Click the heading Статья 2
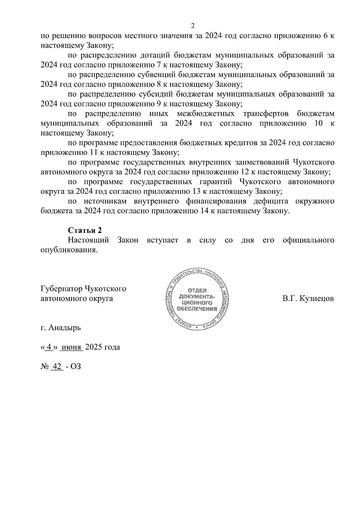tap(85, 230)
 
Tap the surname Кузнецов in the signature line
tap(316, 299)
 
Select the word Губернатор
tap(61, 289)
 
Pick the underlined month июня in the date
tap(71, 347)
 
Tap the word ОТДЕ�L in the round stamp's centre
tap(197, 290)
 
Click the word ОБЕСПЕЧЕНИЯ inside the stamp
tap(197, 309)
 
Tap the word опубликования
tap(69, 250)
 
